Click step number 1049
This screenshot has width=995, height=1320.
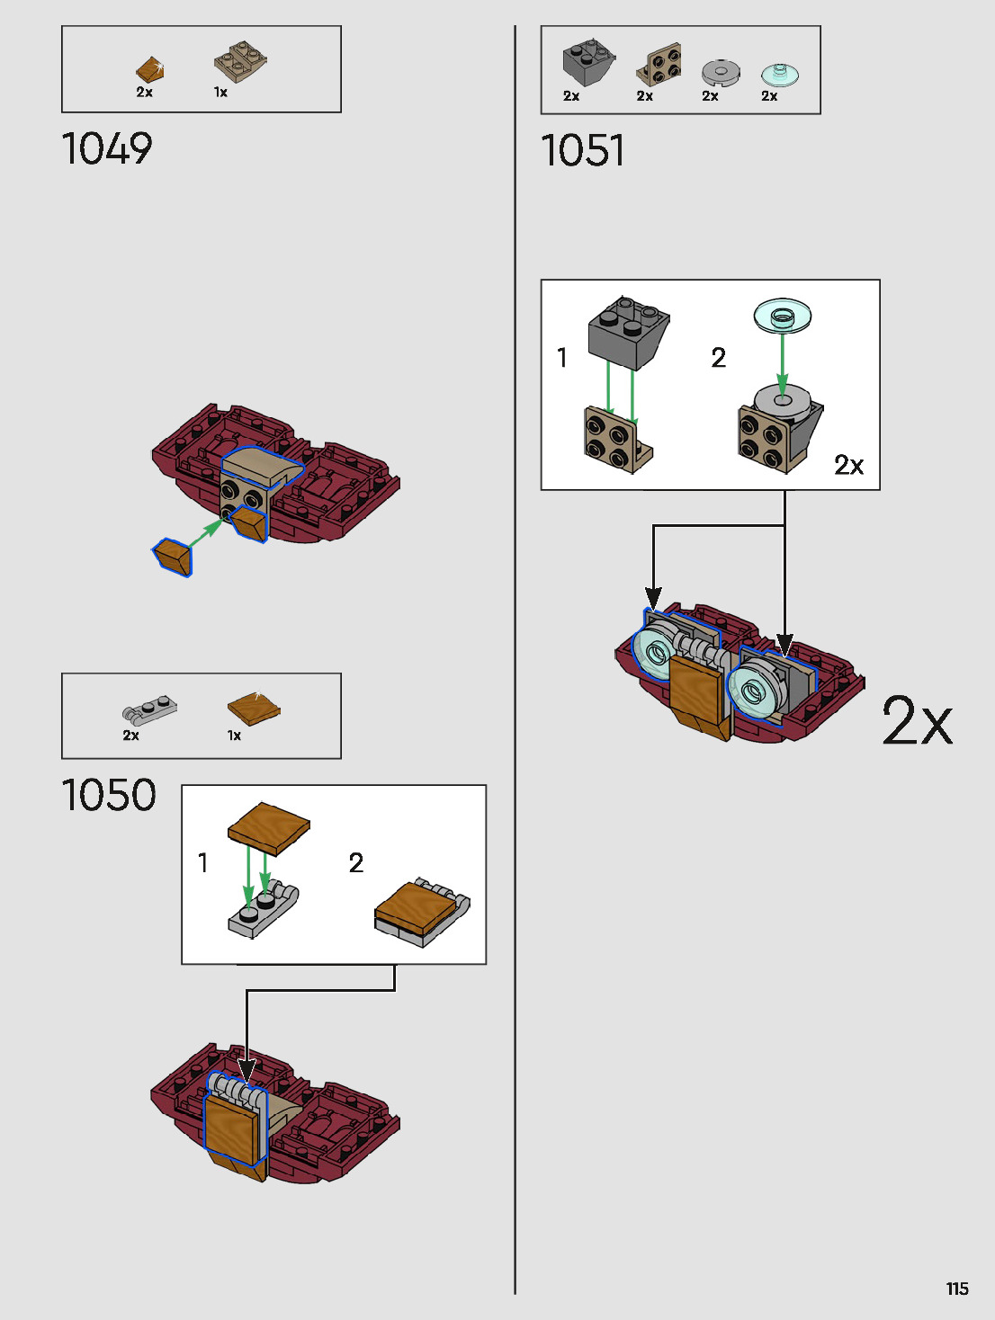pos(107,149)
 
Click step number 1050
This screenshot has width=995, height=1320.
pos(109,796)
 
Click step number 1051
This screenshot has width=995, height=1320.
pos(582,150)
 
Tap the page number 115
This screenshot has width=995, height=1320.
pos(957,1289)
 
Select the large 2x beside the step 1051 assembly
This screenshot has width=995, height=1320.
pos(917,721)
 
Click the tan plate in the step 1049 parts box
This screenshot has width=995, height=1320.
pos(240,61)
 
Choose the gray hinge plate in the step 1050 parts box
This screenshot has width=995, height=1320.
pos(149,711)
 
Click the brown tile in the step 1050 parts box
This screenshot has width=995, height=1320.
pos(254,709)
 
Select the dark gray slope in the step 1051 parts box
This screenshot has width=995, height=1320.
pos(587,63)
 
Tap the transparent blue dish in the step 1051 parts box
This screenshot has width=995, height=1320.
pos(779,74)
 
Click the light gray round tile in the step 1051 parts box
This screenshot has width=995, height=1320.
pos(720,72)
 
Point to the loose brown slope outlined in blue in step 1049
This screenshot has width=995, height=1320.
pos(173,556)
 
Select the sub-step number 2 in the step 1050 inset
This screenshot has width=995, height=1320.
pos(356,863)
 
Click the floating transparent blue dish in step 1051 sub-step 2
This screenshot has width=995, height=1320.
pos(783,316)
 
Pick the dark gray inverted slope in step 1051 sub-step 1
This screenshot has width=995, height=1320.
pos(627,332)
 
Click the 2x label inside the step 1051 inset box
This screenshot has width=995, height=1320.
pos(848,465)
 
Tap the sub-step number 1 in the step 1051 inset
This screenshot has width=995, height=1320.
pos(562,358)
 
